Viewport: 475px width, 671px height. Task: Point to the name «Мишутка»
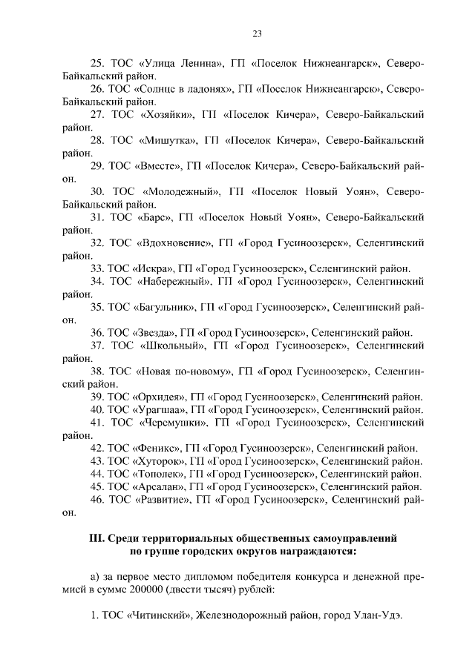(x=166, y=140)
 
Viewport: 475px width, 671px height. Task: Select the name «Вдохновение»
(x=176, y=242)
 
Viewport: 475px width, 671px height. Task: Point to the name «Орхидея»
(x=159, y=397)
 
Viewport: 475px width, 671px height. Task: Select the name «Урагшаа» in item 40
(x=159, y=409)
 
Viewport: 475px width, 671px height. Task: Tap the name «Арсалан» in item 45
(x=158, y=486)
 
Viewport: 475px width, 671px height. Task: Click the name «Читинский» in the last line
(x=162, y=621)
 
